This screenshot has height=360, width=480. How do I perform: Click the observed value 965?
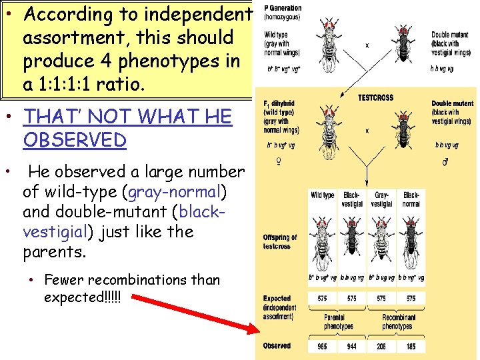point(323,347)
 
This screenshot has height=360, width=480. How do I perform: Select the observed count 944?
point(352,347)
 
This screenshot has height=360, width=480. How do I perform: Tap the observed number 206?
point(382,347)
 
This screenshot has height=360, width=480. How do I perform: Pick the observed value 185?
point(411,347)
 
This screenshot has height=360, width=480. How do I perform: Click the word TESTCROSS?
point(375,97)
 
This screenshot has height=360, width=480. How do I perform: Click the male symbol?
point(446,161)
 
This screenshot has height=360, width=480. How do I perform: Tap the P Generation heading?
point(283,9)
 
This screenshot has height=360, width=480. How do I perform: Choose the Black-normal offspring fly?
point(411,240)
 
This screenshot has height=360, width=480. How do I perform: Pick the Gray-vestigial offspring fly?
point(382,240)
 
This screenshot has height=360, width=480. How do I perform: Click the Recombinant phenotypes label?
point(398,322)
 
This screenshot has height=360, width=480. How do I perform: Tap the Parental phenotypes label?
point(338,322)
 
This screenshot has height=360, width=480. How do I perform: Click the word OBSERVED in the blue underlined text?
point(75,140)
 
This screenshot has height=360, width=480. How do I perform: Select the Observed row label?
point(277,346)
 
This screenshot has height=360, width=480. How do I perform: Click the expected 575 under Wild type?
point(323,298)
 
